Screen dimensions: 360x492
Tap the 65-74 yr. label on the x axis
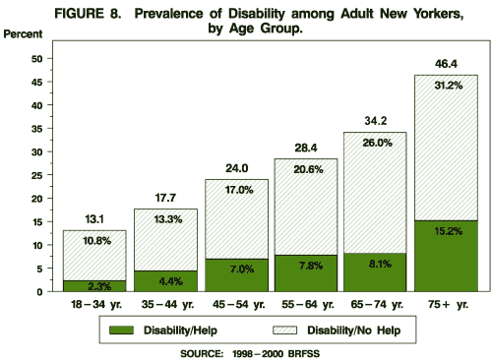click(x=376, y=306)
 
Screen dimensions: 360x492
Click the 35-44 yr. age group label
click(x=165, y=306)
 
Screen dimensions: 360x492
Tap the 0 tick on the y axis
click(x=38, y=292)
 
